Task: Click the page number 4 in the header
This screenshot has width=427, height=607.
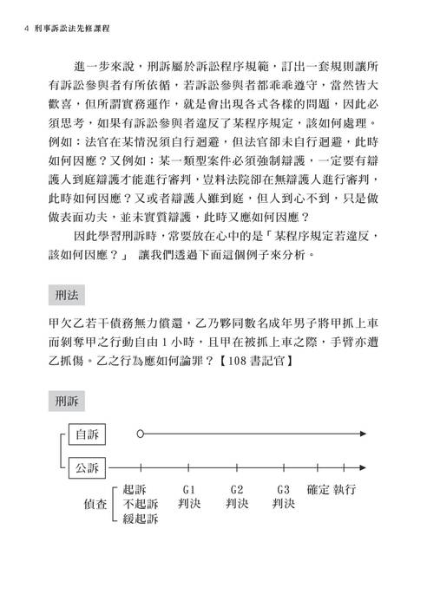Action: [x=30, y=28]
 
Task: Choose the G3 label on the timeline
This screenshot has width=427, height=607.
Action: [x=283, y=487]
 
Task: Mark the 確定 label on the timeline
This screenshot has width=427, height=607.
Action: [x=319, y=487]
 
